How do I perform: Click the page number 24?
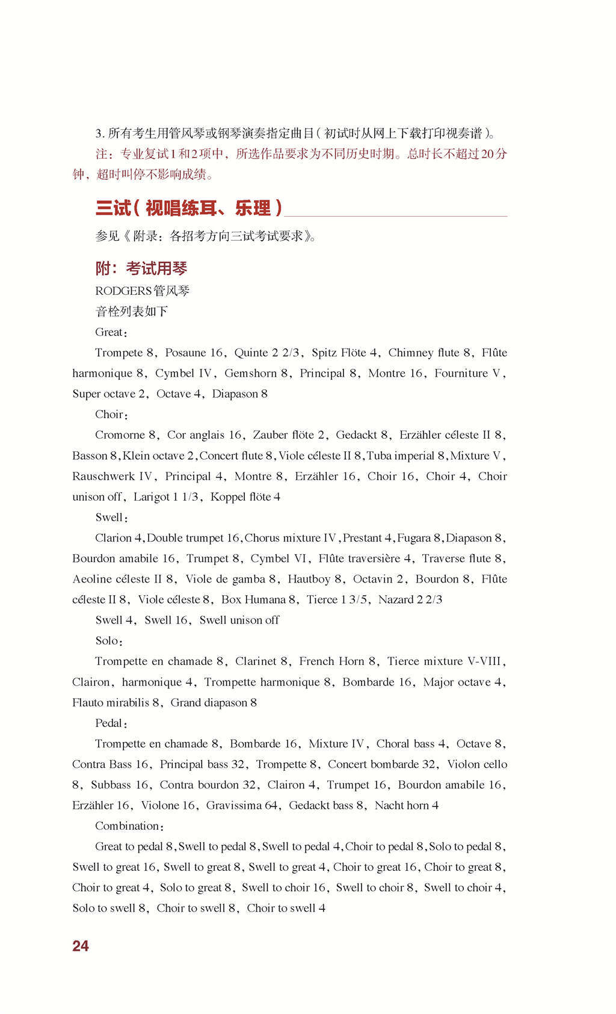(x=81, y=945)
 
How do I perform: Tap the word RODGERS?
(x=123, y=291)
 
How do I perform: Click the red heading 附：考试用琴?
(x=141, y=268)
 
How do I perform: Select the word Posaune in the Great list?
(x=186, y=353)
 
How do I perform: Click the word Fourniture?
(x=461, y=373)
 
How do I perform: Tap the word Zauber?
(x=271, y=435)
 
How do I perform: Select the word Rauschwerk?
(x=103, y=476)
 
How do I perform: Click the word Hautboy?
(x=309, y=579)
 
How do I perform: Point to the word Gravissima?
(x=234, y=805)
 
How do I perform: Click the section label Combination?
(x=127, y=826)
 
